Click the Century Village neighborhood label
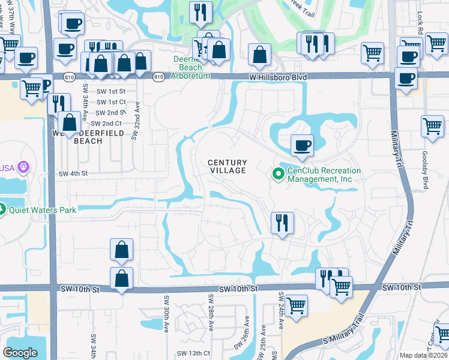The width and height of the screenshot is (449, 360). click(x=228, y=166)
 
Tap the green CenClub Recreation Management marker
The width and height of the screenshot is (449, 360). click(x=278, y=175)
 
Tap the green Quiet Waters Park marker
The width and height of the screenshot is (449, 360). click(x=2, y=209)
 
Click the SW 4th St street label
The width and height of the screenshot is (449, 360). click(x=73, y=173)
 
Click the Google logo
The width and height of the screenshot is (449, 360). click(x=20, y=352)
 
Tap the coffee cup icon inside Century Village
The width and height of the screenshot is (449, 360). click(x=302, y=145)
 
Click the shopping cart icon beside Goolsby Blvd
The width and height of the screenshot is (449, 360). click(x=432, y=126)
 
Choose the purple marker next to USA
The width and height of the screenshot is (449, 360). click(x=24, y=166)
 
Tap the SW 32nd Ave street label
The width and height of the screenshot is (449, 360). click(x=137, y=120)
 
